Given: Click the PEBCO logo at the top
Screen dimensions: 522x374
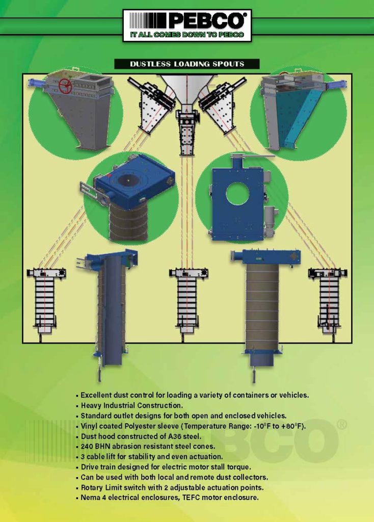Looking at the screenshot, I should point(186,21).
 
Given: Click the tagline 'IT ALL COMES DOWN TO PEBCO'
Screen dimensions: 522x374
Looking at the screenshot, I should point(186,35).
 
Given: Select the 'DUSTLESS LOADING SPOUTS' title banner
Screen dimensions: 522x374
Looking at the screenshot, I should point(186,64).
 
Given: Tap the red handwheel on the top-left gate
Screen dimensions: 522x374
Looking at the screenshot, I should point(65,86).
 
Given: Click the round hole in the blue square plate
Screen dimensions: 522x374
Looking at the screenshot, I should point(237,193).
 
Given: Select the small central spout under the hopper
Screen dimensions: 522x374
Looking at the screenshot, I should point(186,133).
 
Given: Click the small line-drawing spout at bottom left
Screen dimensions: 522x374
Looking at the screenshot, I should point(45,301).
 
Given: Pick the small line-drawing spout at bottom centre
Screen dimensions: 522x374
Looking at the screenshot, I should point(188,301).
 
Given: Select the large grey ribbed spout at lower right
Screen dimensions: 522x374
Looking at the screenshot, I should point(262,311).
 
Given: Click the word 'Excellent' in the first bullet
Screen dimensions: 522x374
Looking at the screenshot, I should point(97,395).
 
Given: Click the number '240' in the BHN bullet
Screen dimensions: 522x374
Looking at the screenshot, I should point(88,447).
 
